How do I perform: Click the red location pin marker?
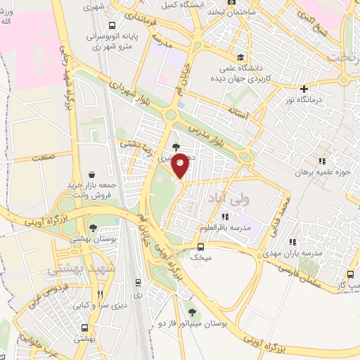click(x=181, y=165)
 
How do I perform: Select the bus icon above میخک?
click(x=200, y=247)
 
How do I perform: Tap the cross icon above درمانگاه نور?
click(x=304, y=89)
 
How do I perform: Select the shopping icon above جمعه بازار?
click(x=92, y=174)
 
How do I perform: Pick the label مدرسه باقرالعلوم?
click(x=225, y=226)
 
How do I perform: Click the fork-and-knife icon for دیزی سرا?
click(x=100, y=295)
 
